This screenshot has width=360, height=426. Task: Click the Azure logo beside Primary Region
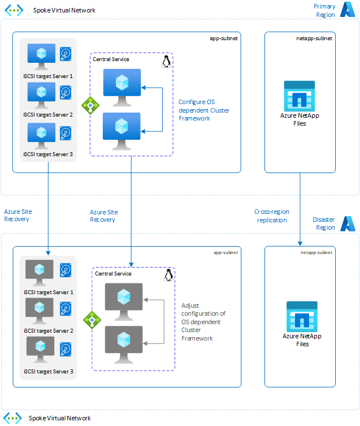coord(347,10)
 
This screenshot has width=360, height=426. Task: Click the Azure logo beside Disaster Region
coord(348,224)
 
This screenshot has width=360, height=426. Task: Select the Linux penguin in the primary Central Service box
coord(166,61)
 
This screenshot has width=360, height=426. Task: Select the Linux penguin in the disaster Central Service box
coord(168,276)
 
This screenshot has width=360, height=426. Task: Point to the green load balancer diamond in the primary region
coord(90,105)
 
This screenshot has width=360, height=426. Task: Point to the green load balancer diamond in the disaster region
coord(92,320)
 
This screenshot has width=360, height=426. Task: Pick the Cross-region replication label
coord(272,216)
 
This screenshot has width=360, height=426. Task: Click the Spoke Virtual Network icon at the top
coord(14,10)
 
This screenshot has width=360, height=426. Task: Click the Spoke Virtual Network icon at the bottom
coord(14,418)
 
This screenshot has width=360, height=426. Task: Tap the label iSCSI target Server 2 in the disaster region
coord(49,331)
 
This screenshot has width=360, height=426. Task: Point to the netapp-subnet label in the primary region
coord(314,38)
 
